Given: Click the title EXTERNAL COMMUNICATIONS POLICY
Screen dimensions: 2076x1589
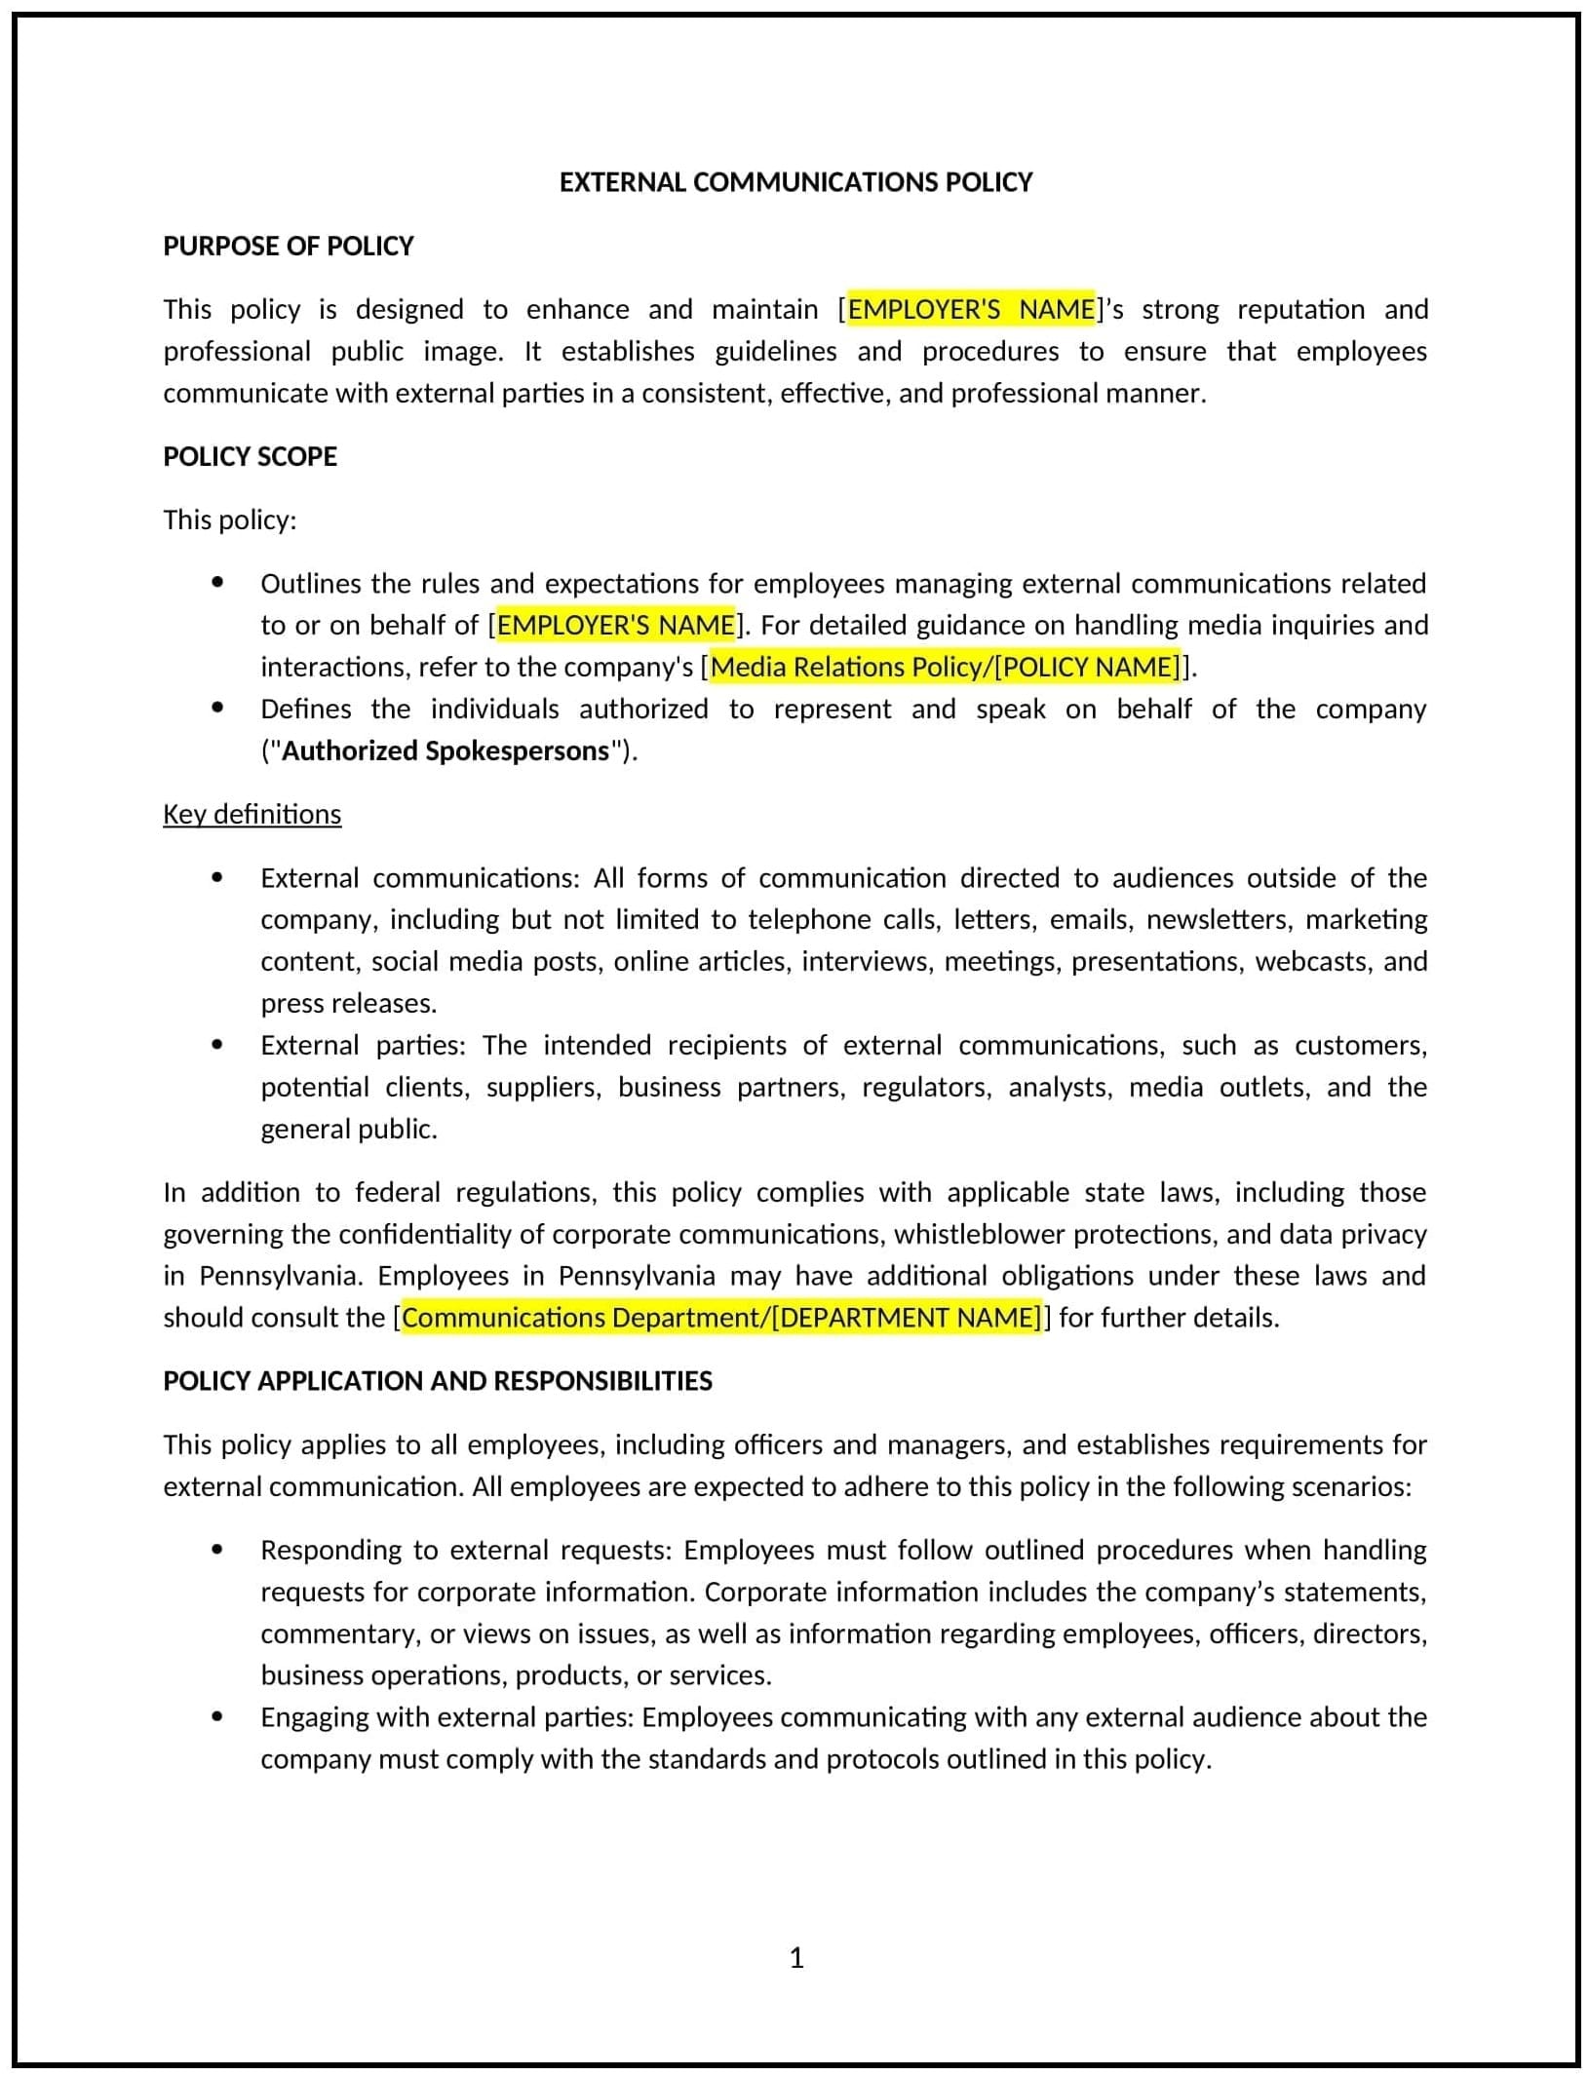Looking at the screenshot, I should [794, 182].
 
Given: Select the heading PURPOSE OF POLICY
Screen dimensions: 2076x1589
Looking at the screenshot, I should [288, 246].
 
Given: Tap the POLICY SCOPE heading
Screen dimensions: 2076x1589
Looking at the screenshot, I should [250, 456].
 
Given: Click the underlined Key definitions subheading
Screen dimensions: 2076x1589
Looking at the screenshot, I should [252, 814].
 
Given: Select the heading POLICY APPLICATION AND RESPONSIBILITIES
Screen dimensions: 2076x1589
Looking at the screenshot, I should [437, 1380].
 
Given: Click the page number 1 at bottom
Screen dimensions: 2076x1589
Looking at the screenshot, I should [795, 1957].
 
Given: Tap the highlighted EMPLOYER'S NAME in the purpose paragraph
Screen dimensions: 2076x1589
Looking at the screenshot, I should [971, 309].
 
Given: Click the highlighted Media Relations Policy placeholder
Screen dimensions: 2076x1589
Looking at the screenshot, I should [944, 667].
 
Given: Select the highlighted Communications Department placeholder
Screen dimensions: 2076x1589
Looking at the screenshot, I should [721, 1318].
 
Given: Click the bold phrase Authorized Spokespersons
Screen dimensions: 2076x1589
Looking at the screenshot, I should [446, 750].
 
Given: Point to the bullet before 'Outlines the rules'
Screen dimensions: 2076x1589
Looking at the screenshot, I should [217, 582].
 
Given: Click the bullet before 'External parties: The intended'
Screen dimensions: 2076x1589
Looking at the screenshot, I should [217, 1044].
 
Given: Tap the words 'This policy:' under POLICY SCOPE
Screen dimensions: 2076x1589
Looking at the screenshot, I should [229, 519].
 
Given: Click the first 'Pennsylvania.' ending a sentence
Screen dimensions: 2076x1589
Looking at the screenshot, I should [279, 1276].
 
